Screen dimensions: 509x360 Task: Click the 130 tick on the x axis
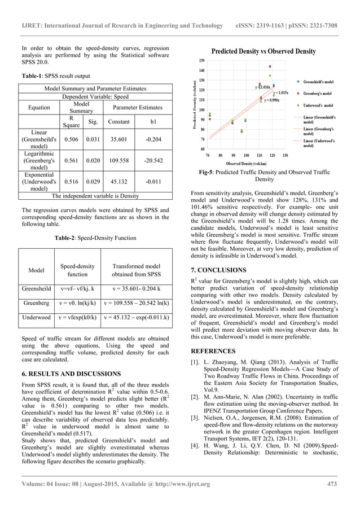pyautogui.click(x=285, y=155)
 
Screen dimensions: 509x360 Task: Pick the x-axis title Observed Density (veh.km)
pyautogui.click(x=246, y=163)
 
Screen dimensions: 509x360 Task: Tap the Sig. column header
pyautogui.click(x=93, y=121)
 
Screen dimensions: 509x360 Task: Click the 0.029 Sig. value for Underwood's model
pyautogui.click(x=93, y=180)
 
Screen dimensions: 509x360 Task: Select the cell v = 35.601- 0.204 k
pyautogui.click(x=136, y=288)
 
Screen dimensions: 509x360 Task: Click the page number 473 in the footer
pyautogui.click(x=332, y=484)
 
